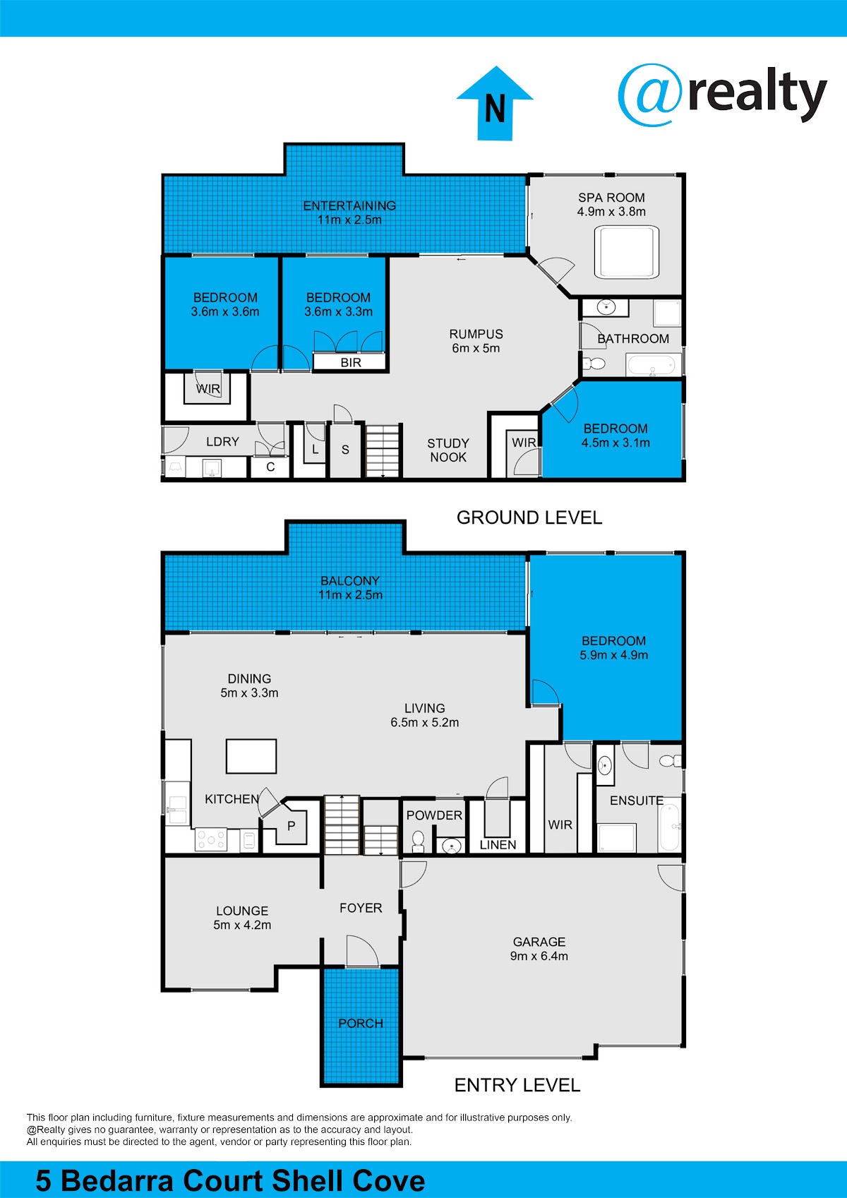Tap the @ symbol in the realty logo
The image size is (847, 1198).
click(x=649, y=95)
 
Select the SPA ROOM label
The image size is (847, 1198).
click(x=611, y=198)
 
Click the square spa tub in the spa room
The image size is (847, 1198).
click(x=627, y=252)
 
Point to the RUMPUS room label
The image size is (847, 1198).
click(x=476, y=334)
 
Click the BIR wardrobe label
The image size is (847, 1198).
click(x=351, y=363)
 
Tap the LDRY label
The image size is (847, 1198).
click(x=222, y=442)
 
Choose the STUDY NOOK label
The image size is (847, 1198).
click(x=448, y=450)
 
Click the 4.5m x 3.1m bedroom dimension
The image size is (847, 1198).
click(x=615, y=443)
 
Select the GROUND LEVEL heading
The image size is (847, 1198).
click(x=529, y=517)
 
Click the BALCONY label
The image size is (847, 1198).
click(x=350, y=581)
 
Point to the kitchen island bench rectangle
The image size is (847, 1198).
click(x=251, y=756)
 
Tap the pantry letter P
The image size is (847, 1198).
click(x=292, y=826)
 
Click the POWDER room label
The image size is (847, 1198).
click(x=434, y=815)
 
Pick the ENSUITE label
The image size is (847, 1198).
click(x=637, y=801)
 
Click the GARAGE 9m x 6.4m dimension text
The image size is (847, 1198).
click(x=539, y=956)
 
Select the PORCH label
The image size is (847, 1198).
click(x=361, y=1023)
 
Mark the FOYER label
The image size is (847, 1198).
click(x=361, y=908)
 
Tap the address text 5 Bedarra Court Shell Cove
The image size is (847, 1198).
click(x=231, y=1180)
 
